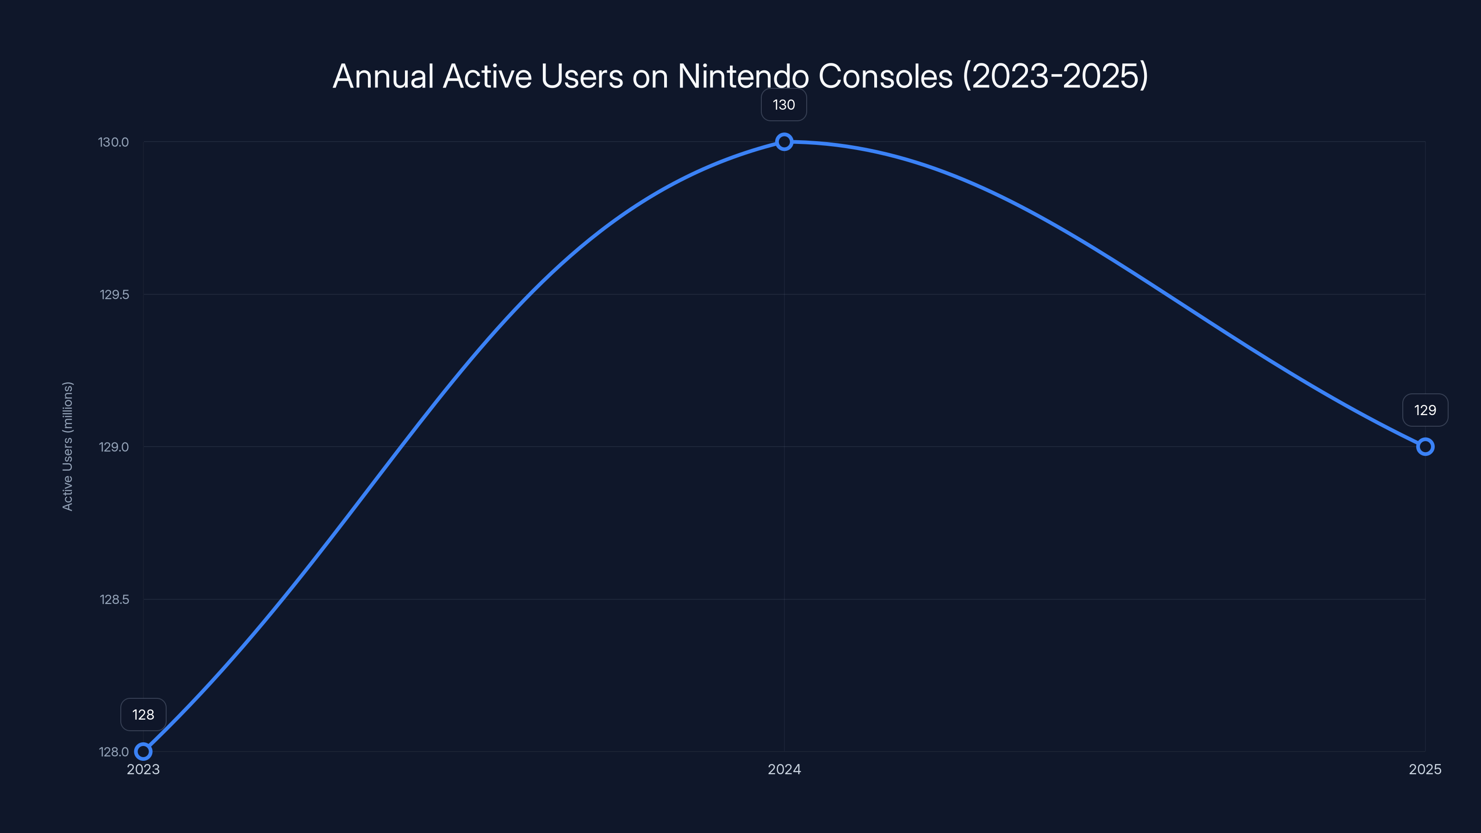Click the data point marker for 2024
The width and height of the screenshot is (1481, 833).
tap(784, 142)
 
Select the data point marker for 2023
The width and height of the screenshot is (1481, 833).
tap(143, 752)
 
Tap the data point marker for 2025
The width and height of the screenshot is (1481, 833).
tap(1425, 447)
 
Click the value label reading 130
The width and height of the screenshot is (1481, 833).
tap(784, 105)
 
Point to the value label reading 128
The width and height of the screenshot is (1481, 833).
tap(143, 715)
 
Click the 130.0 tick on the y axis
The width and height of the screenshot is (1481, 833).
tap(114, 142)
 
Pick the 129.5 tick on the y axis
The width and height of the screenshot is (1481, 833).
tap(114, 294)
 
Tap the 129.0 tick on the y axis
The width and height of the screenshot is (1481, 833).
tap(114, 447)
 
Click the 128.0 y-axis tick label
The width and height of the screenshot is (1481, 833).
tap(114, 752)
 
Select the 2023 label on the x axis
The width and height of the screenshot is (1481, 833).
tap(143, 769)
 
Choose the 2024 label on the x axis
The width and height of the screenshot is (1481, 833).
tap(784, 769)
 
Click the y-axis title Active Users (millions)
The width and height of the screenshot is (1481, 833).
tap(67, 446)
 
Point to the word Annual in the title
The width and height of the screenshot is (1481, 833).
tap(383, 76)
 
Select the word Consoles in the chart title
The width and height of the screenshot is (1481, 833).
tap(885, 76)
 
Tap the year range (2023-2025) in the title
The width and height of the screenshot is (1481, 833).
tap(1056, 76)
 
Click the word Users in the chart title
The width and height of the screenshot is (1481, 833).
tap(582, 76)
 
